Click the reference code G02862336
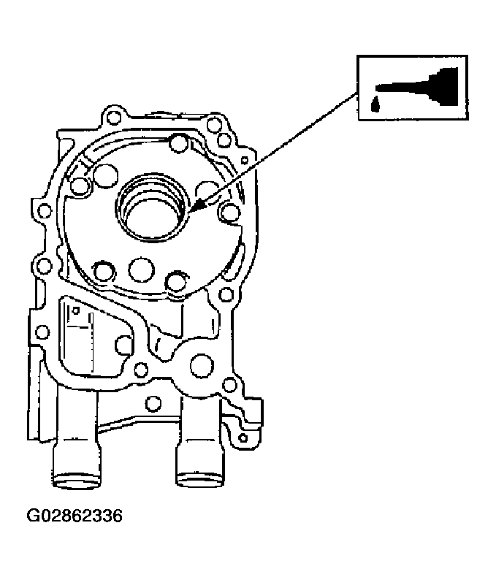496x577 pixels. point(74,516)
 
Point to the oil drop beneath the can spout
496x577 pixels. point(375,104)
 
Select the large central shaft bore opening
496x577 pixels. point(153,209)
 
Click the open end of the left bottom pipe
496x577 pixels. point(77,481)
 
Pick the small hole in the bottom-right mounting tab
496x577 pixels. point(243,438)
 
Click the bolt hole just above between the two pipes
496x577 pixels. point(153,404)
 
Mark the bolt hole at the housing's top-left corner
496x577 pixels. point(112,117)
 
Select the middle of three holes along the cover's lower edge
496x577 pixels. point(141,269)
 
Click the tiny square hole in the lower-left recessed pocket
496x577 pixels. point(76,311)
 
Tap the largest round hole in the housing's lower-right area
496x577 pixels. point(202,365)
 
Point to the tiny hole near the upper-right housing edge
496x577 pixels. point(244,161)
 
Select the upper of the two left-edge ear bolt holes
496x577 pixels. point(45,211)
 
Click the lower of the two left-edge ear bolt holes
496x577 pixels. point(45,266)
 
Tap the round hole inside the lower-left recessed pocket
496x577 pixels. point(124,345)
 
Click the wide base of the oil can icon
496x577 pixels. point(447,86)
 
